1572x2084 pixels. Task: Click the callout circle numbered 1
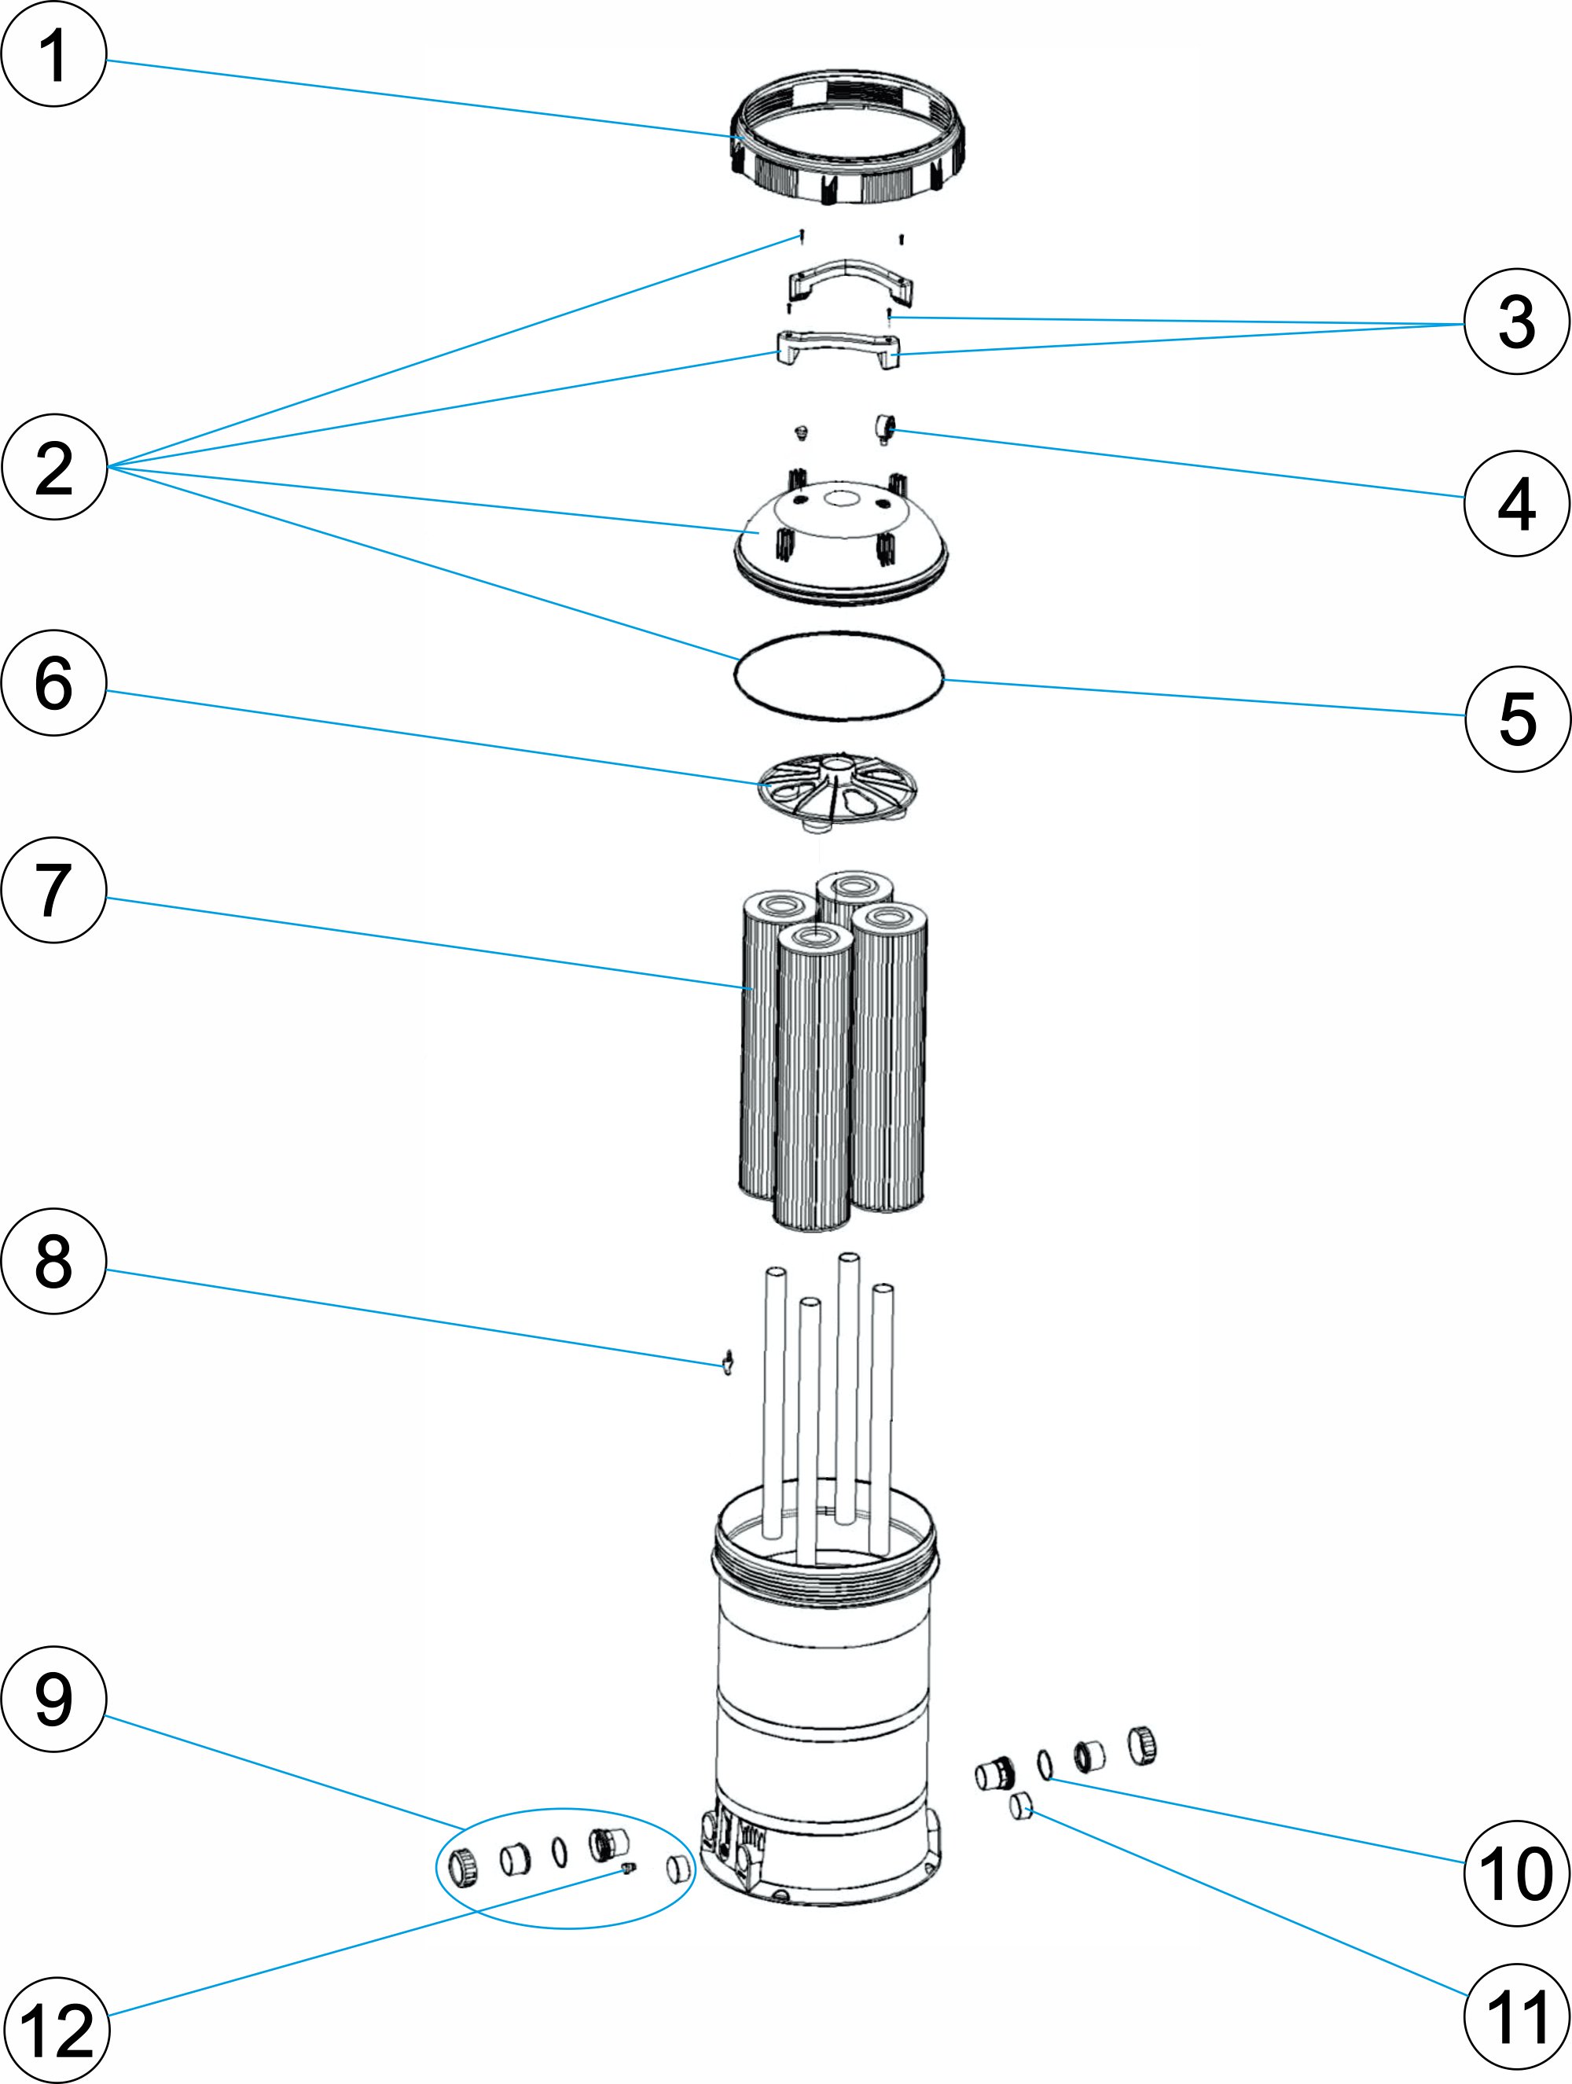(x=53, y=53)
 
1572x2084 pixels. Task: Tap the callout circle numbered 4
(x=1515, y=503)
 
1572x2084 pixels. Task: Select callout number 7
(x=53, y=889)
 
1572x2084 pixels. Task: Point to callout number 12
(x=56, y=2031)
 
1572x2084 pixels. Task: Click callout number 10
(x=1515, y=1873)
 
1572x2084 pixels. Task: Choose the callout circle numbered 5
(x=1516, y=719)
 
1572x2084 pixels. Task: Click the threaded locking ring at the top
(x=847, y=138)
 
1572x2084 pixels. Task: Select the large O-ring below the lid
(x=839, y=675)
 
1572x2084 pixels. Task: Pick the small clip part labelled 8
(x=727, y=1362)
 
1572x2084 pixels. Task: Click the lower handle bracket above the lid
(x=836, y=347)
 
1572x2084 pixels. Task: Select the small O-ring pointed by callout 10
(x=1045, y=1765)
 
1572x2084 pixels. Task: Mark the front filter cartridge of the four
(x=813, y=1074)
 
